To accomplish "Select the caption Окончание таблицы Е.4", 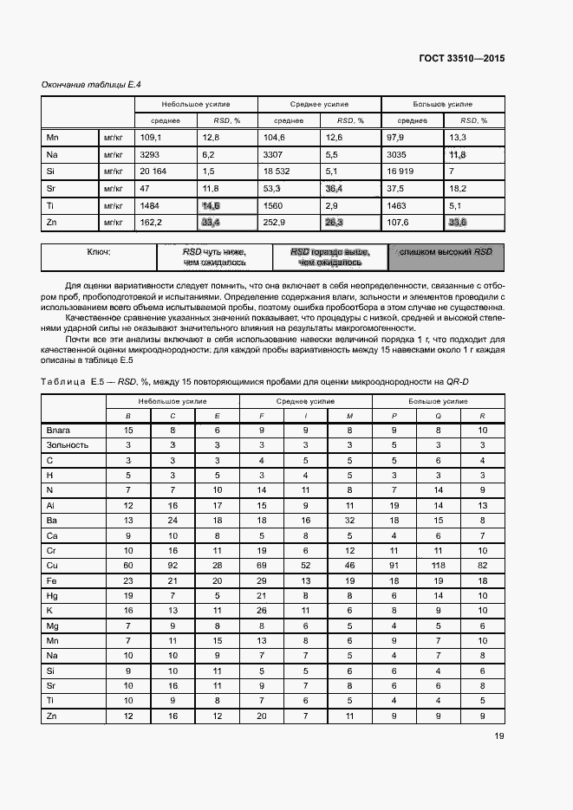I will tap(92, 85).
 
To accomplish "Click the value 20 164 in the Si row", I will tap(153, 172).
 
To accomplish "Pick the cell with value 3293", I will tap(151, 154).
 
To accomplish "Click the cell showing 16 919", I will tap(401, 172).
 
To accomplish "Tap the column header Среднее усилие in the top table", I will tap(318, 104).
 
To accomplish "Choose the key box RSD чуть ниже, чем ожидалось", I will tap(214, 256).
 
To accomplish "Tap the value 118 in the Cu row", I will tap(438, 564).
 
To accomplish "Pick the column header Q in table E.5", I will tap(438, 415).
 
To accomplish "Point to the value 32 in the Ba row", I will tap(349, 520).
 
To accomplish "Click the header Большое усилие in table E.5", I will tap(438, 401).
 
